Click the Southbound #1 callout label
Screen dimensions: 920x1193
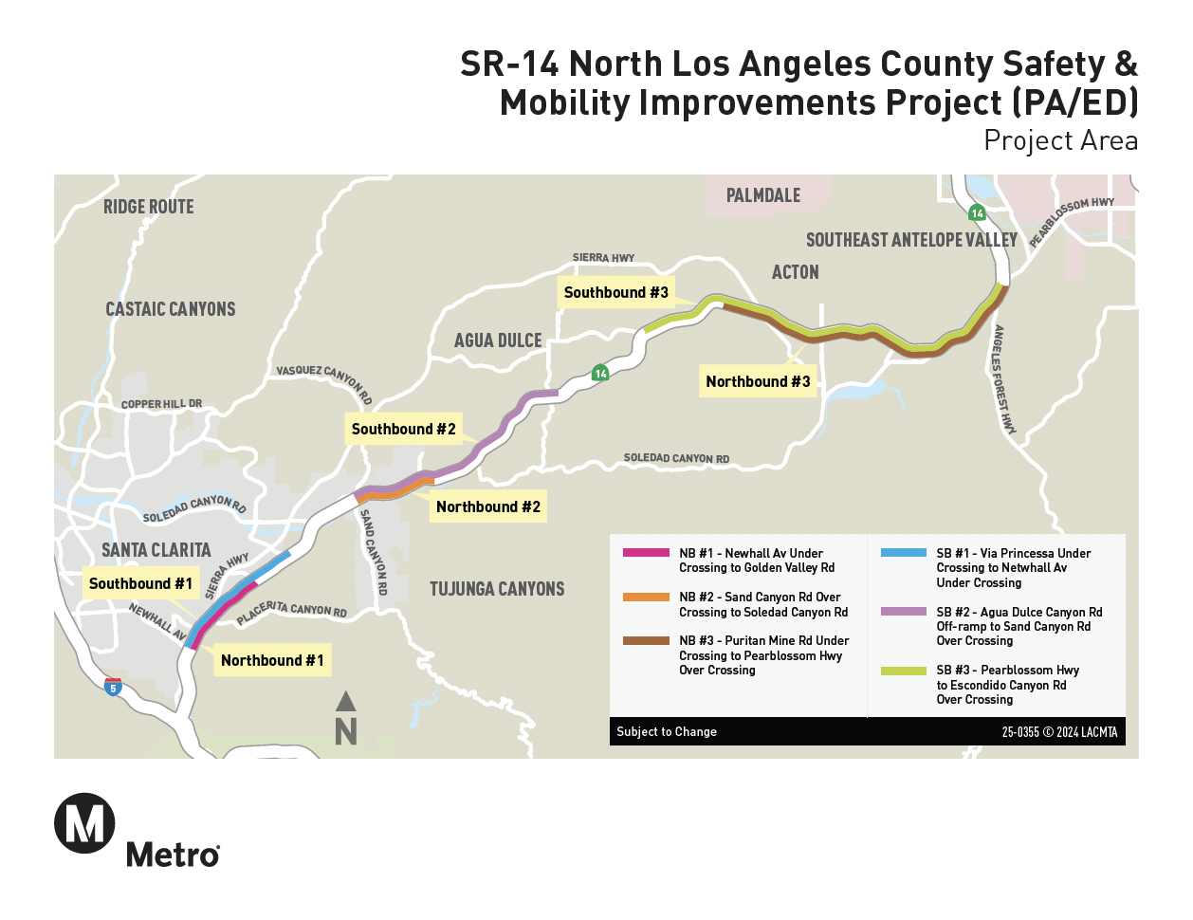click(x=140, y=584)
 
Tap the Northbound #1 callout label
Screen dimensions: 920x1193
click(x=272, y=660)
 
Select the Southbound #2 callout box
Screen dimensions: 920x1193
click(x=403, y=430)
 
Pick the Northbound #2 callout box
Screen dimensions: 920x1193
click(x=488, y=506)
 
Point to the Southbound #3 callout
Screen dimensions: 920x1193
click(x=615, y=293)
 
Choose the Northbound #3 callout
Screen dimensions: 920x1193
click(x=758, y=381)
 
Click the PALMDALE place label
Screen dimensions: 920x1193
click(x=763, y=195)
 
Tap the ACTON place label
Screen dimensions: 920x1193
click(x=795, y=272)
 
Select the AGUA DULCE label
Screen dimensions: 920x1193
click(x=498, y=340)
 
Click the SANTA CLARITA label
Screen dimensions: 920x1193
click(x=156, y=550)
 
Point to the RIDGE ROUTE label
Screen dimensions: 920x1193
click(x=149, y=207)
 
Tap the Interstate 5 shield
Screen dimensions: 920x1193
click(x=113, y=688)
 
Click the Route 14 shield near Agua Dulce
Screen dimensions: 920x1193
click(x=600, y=373)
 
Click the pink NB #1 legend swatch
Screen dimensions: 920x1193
click(x=646, y=553)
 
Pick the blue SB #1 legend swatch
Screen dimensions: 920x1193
click(x=903, y=553)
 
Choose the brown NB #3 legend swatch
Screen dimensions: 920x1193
click(x=646, y=641)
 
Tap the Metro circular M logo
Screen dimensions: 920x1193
click(x=85, y=823)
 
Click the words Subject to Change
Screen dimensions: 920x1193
click(x=667, y=731)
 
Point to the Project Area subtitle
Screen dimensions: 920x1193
click(x=1060, y=140)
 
